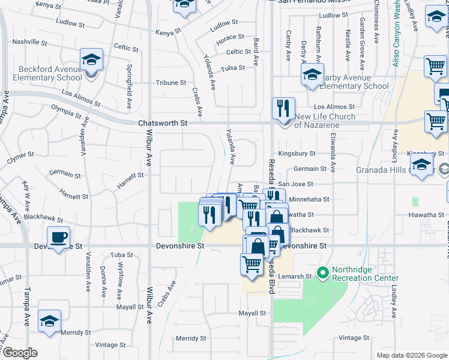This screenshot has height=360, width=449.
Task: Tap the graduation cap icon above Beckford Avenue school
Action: pyautogui.click(x=91, y=59)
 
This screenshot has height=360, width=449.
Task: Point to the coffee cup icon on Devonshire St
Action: pyautogui.click(x=58, y=238)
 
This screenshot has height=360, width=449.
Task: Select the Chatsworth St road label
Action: pyautogui.click(x=163, y=122)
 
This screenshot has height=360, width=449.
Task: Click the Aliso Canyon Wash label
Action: pyautogui.click(x=398, y=37)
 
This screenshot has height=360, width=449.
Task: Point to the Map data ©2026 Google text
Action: pyautogui.click(x=412, y=355)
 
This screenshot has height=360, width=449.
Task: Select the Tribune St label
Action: pyautogui.click(x=171, y=83)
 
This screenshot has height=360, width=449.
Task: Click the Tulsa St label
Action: pyautogui.click(x=233, y=68)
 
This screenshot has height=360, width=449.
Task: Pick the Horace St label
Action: pyautogui.click(x=231, y=37)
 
